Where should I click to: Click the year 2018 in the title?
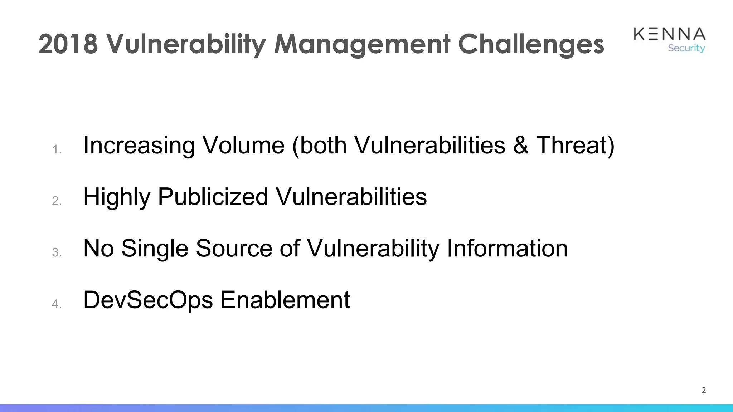tap(68, 44)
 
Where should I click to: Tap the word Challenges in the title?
tap(531, 44)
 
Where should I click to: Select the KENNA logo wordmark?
tap(669, 34)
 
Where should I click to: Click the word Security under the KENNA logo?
tap(686, 48)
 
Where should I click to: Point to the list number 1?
tap(57, 149)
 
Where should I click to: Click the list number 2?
tap(57, 201)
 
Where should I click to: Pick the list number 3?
tap(57, 252)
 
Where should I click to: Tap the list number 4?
tap(57, 304)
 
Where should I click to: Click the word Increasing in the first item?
tap(139, 145)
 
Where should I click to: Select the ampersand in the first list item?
tap(520, 145)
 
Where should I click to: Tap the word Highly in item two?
tap(117, 197)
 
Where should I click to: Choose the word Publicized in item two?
tap(213, 197)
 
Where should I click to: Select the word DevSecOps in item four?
tap(148, 300)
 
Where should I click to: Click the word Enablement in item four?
tap(285, 300)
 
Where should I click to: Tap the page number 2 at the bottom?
tap(704, 390)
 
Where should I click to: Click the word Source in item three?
tap(234, 248)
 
